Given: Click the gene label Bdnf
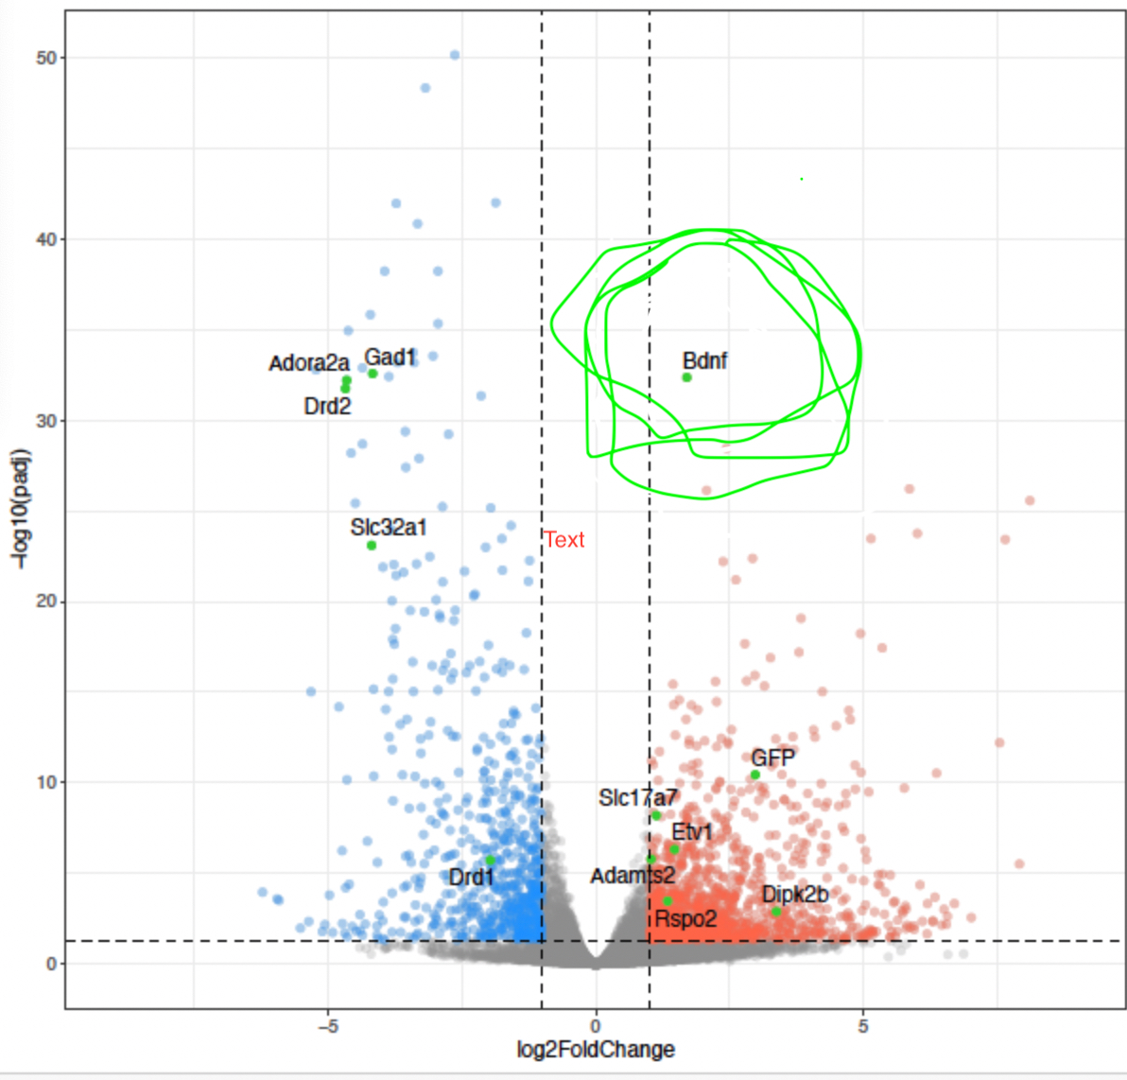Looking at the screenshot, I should tap(704, 360).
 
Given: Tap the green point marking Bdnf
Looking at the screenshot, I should tap(687, 377).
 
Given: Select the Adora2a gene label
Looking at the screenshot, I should tap(309, 363).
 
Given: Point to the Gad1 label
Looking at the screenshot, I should tap(390, 357).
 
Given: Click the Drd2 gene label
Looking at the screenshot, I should tap(327, 407).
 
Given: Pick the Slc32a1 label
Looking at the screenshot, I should tap(389, 527).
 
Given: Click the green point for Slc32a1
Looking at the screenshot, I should tap(372, 546).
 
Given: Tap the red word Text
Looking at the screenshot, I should tap(564, 540).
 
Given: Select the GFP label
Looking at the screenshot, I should tap(772, 758).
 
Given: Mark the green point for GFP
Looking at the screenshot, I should tap(755, 775).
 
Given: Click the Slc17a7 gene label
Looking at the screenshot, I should tap(638, 798).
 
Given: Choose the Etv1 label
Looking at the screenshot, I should tap(692, 832).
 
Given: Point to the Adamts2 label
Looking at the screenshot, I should tap(633, 876).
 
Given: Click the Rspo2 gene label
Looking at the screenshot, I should tap(686, 918).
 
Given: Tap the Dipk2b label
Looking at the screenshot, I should tap(795, 895).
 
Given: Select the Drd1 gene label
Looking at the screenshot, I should tap(471, 878).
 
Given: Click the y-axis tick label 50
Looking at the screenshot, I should tap(46, 58).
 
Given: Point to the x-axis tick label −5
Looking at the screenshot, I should tap(327, 1026).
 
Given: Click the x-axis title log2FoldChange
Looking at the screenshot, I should tap(596, 1050).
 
